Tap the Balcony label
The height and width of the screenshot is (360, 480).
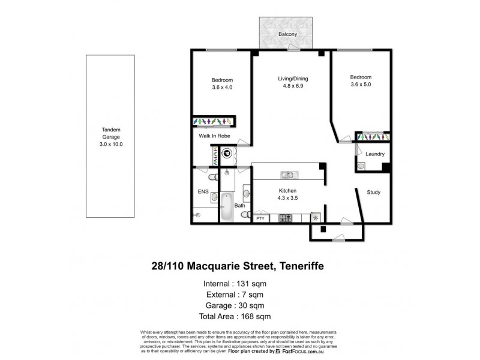tap(287, 35)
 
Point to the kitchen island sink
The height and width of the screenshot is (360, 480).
tap(287, 175)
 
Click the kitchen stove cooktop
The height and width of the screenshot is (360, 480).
tap(286, 218)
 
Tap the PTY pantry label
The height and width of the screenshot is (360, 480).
tap(260, 218)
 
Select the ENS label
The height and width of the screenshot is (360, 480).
tap(203, 192)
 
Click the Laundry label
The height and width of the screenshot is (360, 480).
tap(374, 154)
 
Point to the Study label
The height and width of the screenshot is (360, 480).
tap(375, 193)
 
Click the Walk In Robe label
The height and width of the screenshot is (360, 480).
tap(215, 136)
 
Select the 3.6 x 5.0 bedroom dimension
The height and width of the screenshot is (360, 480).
tap(361, 85)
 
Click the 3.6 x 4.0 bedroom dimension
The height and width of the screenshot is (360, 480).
tap(222, 88)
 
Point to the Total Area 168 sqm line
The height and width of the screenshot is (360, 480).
tap(239, 316)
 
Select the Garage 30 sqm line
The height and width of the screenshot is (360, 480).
tap(239, 305)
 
